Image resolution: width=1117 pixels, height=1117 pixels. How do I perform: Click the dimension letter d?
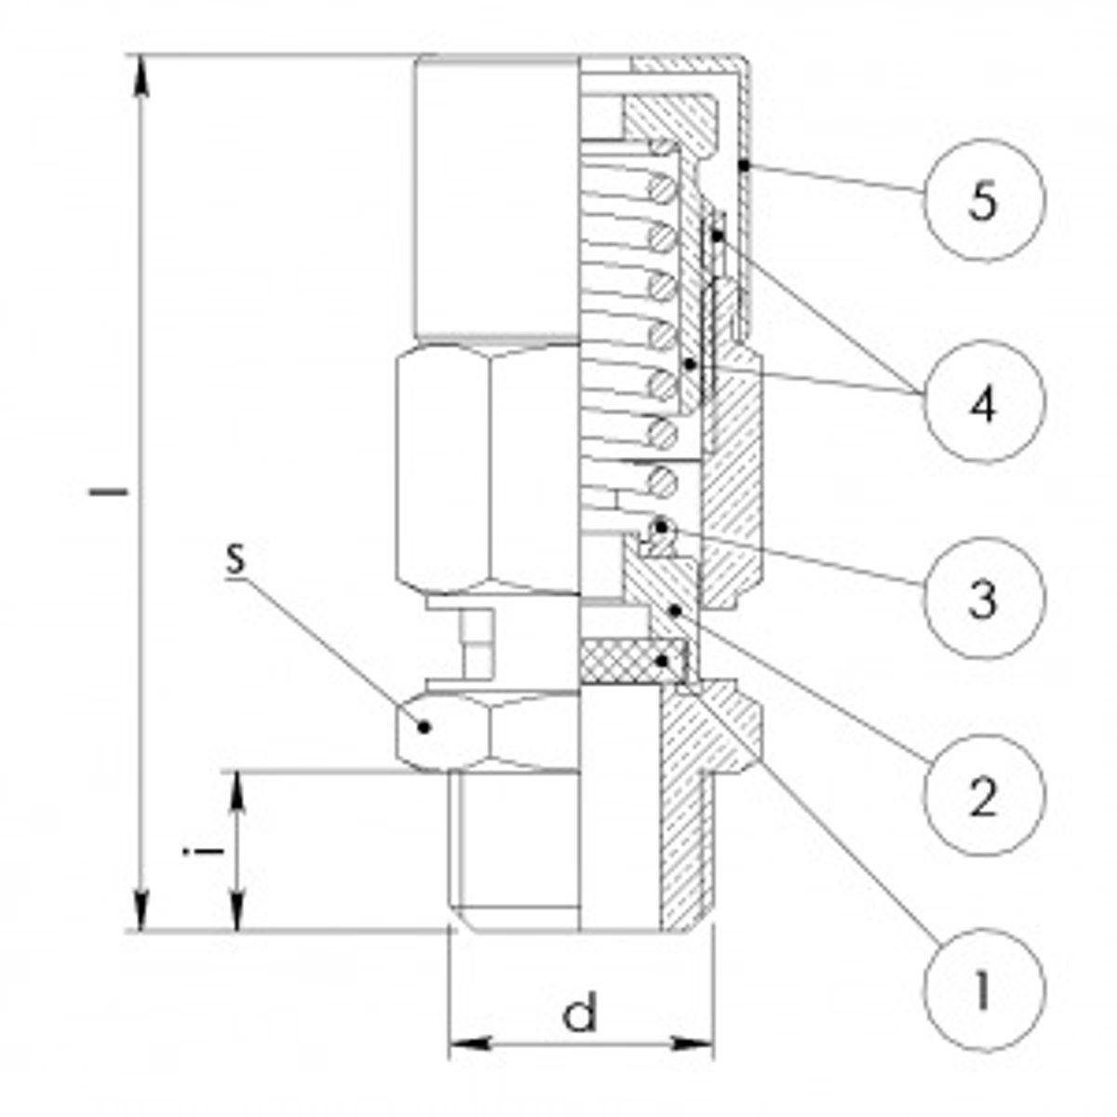(x=581, y=1014)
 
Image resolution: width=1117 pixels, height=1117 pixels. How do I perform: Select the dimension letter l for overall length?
(x=107, y=491)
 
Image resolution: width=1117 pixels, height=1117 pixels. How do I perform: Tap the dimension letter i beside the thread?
(x=191, y=849)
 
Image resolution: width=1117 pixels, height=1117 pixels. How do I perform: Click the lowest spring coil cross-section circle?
(x=661, y=482)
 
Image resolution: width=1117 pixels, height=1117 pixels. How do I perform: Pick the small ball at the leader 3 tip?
(x=660, y=528)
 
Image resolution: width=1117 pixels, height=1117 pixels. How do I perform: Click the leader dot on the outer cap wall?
(x=743, y=166)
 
